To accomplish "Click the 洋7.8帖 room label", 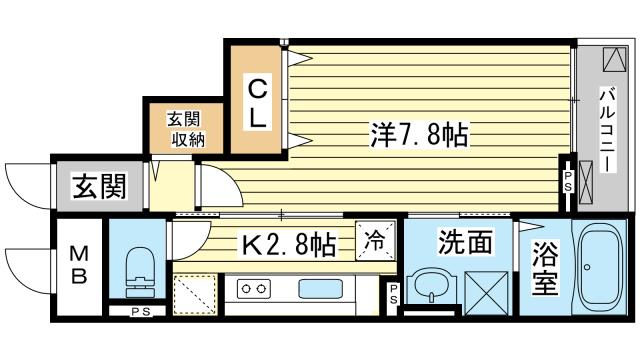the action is (419, 134).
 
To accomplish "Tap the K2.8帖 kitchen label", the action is (289, 244).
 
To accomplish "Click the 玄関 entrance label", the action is (100, 186).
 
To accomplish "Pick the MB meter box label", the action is (79, 266).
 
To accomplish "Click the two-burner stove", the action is (253, 288).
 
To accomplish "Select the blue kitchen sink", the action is (320, 289).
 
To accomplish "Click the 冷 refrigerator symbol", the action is (375, 240).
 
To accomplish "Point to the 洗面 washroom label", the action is (464, 242).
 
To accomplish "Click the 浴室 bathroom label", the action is (545, 268).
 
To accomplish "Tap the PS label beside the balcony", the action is (568, 181).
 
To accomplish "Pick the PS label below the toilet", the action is (142, 312).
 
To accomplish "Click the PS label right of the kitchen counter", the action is (393, 294).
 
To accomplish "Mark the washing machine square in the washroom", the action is (487, 293).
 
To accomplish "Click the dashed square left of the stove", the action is (195, 294).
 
